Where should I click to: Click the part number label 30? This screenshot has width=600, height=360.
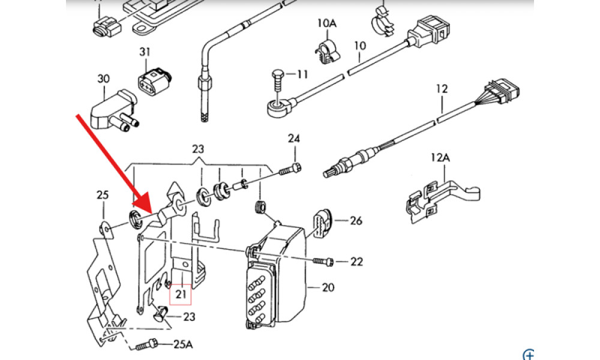104,79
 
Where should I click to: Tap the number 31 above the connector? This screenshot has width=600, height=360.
145,52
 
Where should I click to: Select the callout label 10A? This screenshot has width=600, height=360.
327,23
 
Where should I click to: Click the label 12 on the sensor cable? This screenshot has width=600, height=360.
442,89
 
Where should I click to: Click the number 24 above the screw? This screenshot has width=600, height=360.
293,139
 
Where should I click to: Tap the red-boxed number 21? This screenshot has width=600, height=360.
181,294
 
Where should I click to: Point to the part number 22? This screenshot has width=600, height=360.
356,262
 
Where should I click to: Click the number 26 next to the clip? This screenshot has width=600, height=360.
356,221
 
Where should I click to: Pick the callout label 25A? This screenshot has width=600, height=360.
184,345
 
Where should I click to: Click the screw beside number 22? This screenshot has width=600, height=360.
325,261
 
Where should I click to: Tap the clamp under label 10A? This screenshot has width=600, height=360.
328,50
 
